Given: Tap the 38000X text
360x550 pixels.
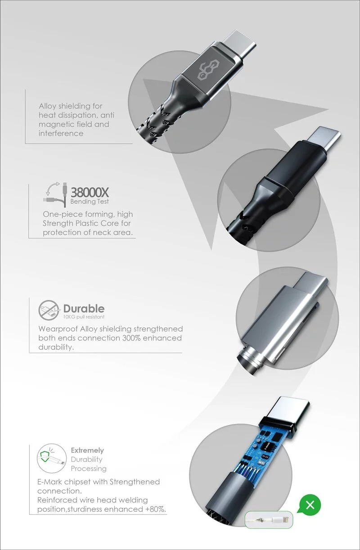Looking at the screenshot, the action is point(90,193).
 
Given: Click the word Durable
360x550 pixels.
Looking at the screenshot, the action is point(84,309).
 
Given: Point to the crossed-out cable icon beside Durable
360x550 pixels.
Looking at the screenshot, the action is point(49,310).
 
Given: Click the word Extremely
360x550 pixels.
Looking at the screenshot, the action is point(87,451).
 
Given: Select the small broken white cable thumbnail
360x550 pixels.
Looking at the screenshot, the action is point(269,519).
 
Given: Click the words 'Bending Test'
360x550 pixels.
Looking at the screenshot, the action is point(90,202).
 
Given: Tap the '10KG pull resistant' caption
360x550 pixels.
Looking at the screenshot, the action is point(84,317).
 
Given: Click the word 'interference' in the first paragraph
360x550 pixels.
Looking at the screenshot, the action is point(61,133).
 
